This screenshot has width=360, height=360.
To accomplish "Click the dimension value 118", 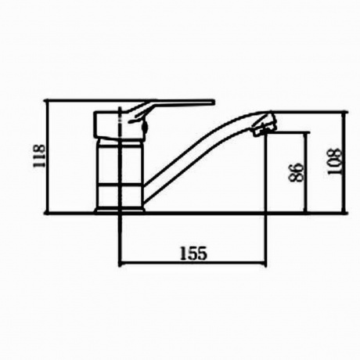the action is pyautogui.click(x=39, y=156).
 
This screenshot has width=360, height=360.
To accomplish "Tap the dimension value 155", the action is pyautogui.click(x=194, y=254).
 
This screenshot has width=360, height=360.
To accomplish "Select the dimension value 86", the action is pyautogui.click(x=296, y=172).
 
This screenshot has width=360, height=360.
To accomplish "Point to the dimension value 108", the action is pyautogui.click(x=334, y=162).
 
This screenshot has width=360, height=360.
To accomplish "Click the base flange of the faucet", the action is pyautogui.click(x=119, y=211).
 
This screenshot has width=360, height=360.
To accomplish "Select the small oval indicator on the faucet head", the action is pyautogui.click(x=145, y=128).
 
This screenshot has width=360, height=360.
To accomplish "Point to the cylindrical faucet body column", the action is pyautogui.click(x=121, y=174).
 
